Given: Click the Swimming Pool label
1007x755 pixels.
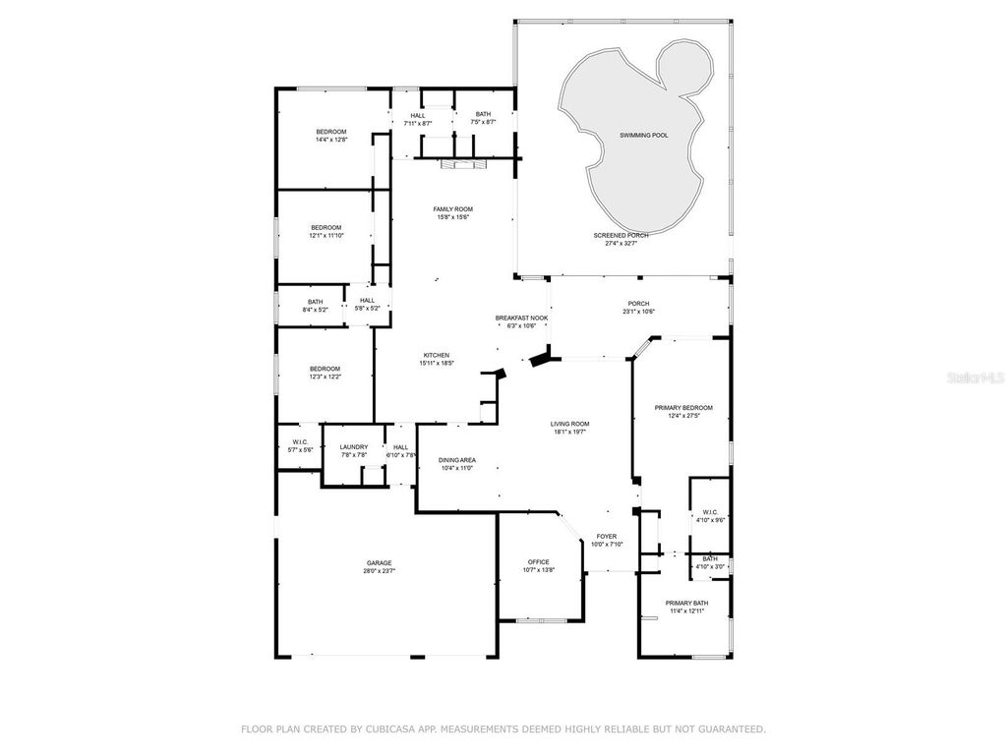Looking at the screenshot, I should [643, 135].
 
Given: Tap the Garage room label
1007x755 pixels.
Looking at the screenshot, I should [380, 562].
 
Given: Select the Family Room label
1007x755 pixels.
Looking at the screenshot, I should [453, 209].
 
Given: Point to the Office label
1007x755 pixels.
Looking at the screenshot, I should [538, 562].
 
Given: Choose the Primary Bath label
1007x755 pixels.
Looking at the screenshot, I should [685, 603].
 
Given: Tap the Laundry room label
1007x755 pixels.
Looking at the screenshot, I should [354, 447].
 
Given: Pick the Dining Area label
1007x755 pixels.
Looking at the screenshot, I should [457, 460].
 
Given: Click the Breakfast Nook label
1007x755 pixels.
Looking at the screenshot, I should [521, 318].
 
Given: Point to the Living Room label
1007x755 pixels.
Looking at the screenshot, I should [569, 424].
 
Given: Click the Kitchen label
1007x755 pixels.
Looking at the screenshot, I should [437, 355].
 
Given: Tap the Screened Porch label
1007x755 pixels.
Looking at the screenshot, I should [621, 236].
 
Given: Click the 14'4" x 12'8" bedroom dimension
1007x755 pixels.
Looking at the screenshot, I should [331, 140].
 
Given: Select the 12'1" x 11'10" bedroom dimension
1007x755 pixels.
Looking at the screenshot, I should [326, 235].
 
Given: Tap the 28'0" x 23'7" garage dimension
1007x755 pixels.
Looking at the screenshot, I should [380, 570].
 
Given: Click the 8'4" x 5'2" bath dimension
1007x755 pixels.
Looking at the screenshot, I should [315, 310].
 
